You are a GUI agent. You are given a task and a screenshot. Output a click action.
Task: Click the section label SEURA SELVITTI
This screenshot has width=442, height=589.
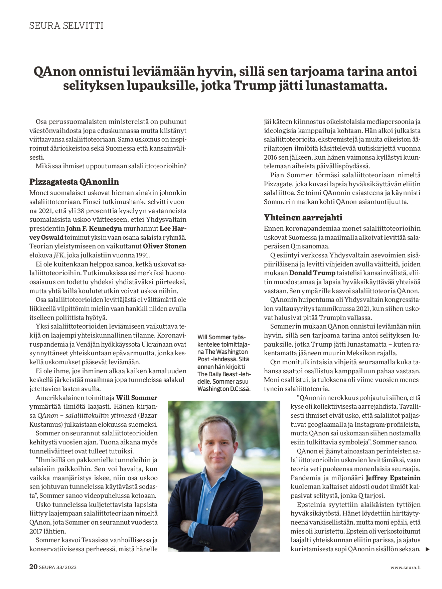coord(66,26)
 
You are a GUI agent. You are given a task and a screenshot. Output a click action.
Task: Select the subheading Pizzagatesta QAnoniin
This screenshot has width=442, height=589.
coord(74,182)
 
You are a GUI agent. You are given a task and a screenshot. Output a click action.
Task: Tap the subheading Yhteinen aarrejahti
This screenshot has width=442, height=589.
coord(303,218)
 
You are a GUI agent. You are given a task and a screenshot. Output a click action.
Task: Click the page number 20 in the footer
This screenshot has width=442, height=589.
coord(33,567)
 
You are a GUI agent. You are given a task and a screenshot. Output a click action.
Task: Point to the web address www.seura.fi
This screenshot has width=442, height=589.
coord(405,567)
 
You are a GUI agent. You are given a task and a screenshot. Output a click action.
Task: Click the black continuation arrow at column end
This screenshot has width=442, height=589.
coord(427,549)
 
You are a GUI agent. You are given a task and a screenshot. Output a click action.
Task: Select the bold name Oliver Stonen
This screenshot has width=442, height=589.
coord(165,246)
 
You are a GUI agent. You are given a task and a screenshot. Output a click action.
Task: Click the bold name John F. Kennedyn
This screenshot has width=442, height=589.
coord(94,229)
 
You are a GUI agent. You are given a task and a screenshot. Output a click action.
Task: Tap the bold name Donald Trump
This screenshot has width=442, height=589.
coord(312,273)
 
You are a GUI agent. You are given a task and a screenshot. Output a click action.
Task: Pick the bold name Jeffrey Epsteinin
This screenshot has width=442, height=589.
coord(393,478)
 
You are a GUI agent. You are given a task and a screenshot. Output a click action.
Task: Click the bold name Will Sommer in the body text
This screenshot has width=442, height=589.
coord(136,398)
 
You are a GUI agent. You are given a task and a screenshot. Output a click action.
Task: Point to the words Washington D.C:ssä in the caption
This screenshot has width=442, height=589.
coord(224,389)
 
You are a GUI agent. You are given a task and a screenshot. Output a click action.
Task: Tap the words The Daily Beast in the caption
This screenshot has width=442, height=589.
coord(217,374)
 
